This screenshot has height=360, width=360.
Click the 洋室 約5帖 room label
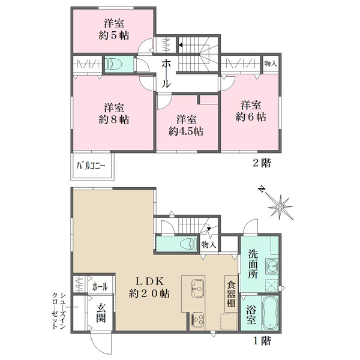pos(114,29)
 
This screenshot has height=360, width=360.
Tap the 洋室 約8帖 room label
pos(114,113)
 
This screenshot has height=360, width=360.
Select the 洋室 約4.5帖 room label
pos(186,125)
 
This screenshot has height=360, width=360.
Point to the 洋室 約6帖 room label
pos(251,111)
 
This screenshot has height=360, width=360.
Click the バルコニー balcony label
pos(91,166)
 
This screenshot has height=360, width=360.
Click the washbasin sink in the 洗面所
pos(272,266)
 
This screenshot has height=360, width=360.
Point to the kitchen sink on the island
pos(197,289)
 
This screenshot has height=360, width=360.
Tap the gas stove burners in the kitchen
pos(197,319)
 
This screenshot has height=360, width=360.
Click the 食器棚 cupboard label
pos(231,295)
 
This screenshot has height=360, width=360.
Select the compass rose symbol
pos(280,207)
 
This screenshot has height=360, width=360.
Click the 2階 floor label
pos(262,163)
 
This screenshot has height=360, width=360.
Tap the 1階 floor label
pos(262,341)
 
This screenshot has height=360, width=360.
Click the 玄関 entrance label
pos(101,313)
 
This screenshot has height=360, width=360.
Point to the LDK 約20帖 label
pos(149,287)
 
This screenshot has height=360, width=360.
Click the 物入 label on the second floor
pos(271,64)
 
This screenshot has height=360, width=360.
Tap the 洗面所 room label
pos(253,264)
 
